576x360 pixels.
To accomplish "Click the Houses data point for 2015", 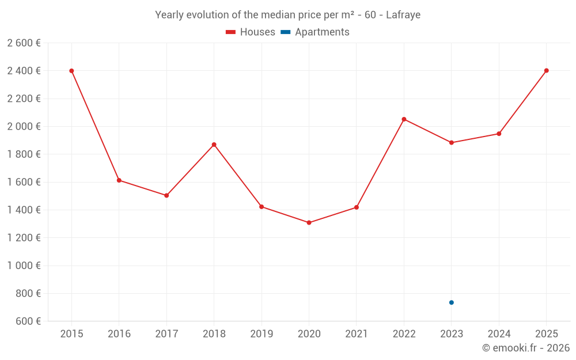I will coord(71,71).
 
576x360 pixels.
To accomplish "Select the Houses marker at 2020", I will coord(309,222).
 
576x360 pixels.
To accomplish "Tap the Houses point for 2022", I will coord(404,119).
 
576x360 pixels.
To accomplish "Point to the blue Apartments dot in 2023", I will coord(452,302).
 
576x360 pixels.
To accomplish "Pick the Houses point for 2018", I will coord(214,145).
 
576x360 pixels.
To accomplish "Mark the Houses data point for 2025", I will coord(547,71).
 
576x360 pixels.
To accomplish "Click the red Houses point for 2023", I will coord(452,142).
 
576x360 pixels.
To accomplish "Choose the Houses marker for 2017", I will coord(166,195).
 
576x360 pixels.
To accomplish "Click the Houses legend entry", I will coord(251,32).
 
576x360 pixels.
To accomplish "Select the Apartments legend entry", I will coord(315,32).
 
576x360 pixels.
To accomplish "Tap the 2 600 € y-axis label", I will coord(24,43).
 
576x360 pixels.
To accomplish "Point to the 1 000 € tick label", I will coord(24,266).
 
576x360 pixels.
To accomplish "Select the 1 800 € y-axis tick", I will coord(24,154).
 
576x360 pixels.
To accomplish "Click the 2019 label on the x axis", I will coord(262,334).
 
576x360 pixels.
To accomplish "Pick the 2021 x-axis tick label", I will coord(357,334).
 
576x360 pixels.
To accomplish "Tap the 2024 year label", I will coord(499,334).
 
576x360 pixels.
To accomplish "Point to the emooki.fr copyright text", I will coord(526,348).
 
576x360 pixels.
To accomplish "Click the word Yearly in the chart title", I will coord(169,15).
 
